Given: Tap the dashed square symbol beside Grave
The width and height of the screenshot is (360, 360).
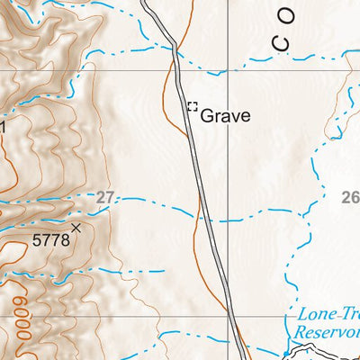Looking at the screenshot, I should [192, 107].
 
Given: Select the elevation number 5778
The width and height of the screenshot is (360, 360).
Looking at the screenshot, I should [49, 240].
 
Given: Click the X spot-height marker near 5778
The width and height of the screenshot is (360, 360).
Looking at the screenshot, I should [76, 229].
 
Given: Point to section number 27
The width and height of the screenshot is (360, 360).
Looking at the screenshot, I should [106, 197].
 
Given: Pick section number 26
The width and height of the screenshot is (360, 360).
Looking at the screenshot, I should [350, 197].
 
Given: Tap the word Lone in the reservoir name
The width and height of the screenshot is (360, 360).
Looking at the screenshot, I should [312, 315].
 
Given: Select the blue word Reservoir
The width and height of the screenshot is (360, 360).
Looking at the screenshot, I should [328, 332].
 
